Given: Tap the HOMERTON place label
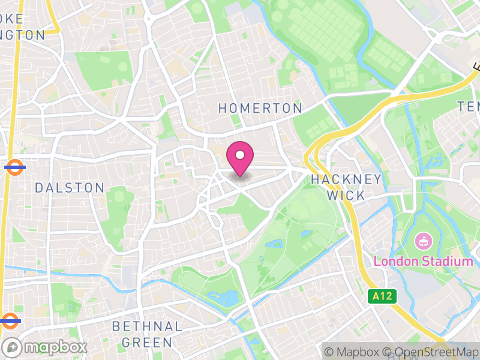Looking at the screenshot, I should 260,108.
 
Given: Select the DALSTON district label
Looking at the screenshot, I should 70,188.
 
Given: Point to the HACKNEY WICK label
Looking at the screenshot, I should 346,187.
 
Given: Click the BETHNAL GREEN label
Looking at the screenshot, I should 147,335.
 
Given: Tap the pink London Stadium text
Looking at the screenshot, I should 424,262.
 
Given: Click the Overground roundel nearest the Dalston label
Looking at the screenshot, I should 14,168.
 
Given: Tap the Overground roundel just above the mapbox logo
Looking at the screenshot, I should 10,320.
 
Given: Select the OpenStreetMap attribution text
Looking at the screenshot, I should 431,352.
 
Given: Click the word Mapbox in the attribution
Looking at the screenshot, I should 358,352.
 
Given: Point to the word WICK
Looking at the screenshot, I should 346,196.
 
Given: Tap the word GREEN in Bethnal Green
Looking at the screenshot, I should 147,343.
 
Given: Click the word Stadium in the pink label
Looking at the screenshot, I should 448,262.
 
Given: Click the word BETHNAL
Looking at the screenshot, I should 147,327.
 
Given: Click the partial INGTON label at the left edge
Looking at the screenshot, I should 23,35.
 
